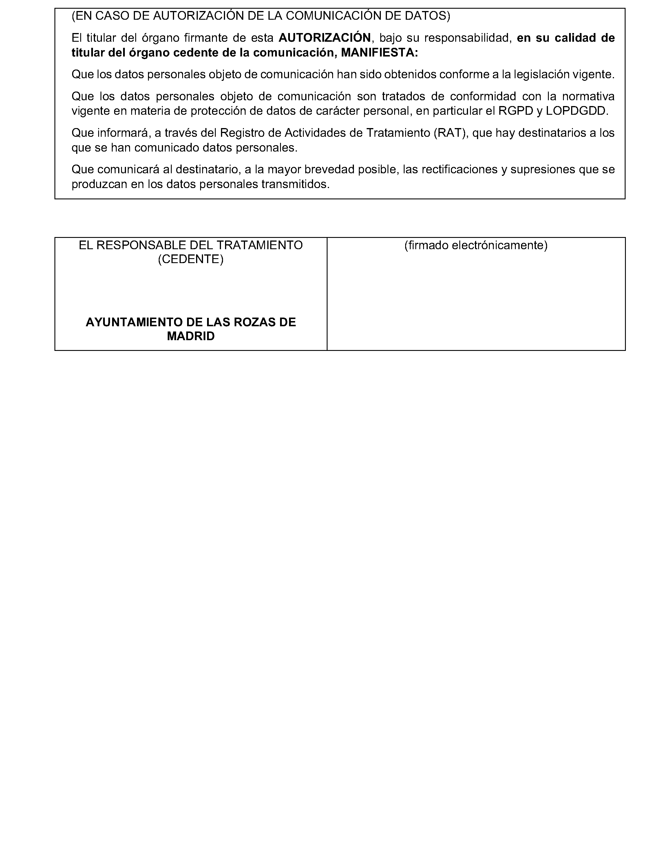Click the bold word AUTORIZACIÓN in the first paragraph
(x=324, y=38)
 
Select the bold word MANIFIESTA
(x=377, y=52)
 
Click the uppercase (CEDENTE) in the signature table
(x=191, y=259)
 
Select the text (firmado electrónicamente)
(x=476, y=245)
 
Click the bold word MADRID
(x=191, y=336)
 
